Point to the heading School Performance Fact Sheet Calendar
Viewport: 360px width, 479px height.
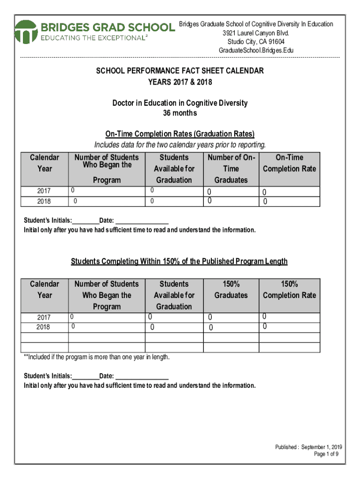(180, 71)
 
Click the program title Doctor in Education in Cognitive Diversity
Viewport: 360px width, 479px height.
(180, 103)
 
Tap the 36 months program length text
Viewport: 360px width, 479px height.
(180, 113)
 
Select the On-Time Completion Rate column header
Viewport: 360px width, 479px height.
(289, 163)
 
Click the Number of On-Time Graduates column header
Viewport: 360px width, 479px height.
(231, 168)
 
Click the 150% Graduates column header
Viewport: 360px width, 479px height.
(231, 290)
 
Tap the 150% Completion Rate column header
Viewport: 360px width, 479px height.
(289, 290)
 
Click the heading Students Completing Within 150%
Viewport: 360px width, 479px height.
(179, 261)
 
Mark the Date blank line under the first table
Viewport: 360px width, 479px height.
(142, 220)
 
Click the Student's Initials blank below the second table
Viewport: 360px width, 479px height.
(86, 376)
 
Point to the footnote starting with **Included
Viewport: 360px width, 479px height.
(97, 357)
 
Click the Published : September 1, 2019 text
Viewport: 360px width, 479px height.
(308, 447)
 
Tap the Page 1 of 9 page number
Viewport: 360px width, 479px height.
(326, 454)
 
